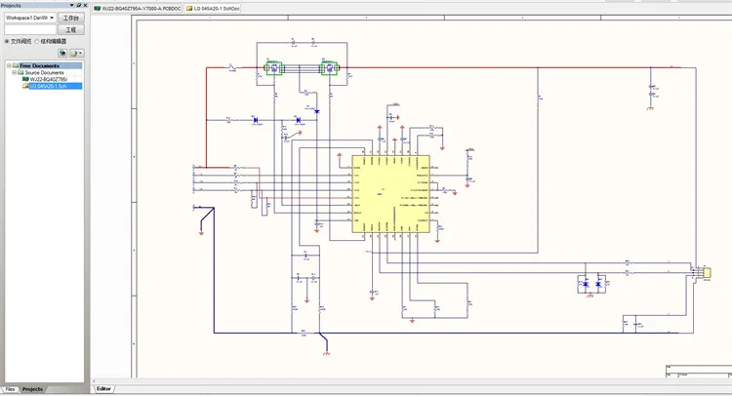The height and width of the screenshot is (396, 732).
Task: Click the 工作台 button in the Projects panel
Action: pyautogui.click(x=71, y=18)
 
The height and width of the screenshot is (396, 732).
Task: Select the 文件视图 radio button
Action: pyautogui.click(x=8, y=41)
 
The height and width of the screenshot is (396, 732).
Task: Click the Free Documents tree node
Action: pyautogui.click(x=40, y=65)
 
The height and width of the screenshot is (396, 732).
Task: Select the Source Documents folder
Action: pyautogui.click(x=42, y=72)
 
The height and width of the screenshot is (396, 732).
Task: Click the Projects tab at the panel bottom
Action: pyautogui.click(x=33, y=388)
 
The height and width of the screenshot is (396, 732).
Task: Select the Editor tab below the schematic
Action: pyautogui.click(x=103, y=388)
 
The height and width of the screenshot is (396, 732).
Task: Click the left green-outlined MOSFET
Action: pyautogui.click(x=273, y=69)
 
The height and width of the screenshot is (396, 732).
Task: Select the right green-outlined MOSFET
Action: pyautogui.click(x=330, y=69)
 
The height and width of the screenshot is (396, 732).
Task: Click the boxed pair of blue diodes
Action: pyautogui.click(x=591, y=284)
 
